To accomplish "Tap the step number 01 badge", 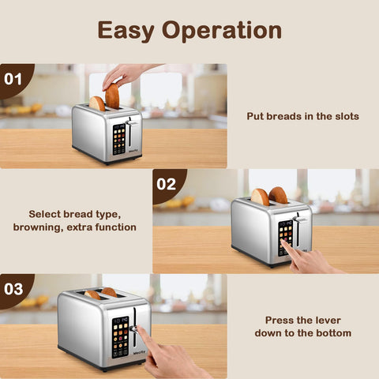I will coord(13,79).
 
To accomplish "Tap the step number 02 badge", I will coord(167,184).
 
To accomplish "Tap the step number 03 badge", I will coord(13,288).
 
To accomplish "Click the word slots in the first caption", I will coord(343,116).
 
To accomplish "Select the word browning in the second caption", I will coord(39,227).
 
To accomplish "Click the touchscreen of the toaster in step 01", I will coord(118,139).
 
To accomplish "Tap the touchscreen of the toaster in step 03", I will coord(121,335).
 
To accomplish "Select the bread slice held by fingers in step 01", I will coord(112,96).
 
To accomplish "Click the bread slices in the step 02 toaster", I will coord(268,195).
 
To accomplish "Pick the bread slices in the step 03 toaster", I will coord(101,294).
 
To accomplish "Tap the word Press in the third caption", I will coord(280,320).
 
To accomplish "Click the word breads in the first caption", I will coord(283,116).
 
